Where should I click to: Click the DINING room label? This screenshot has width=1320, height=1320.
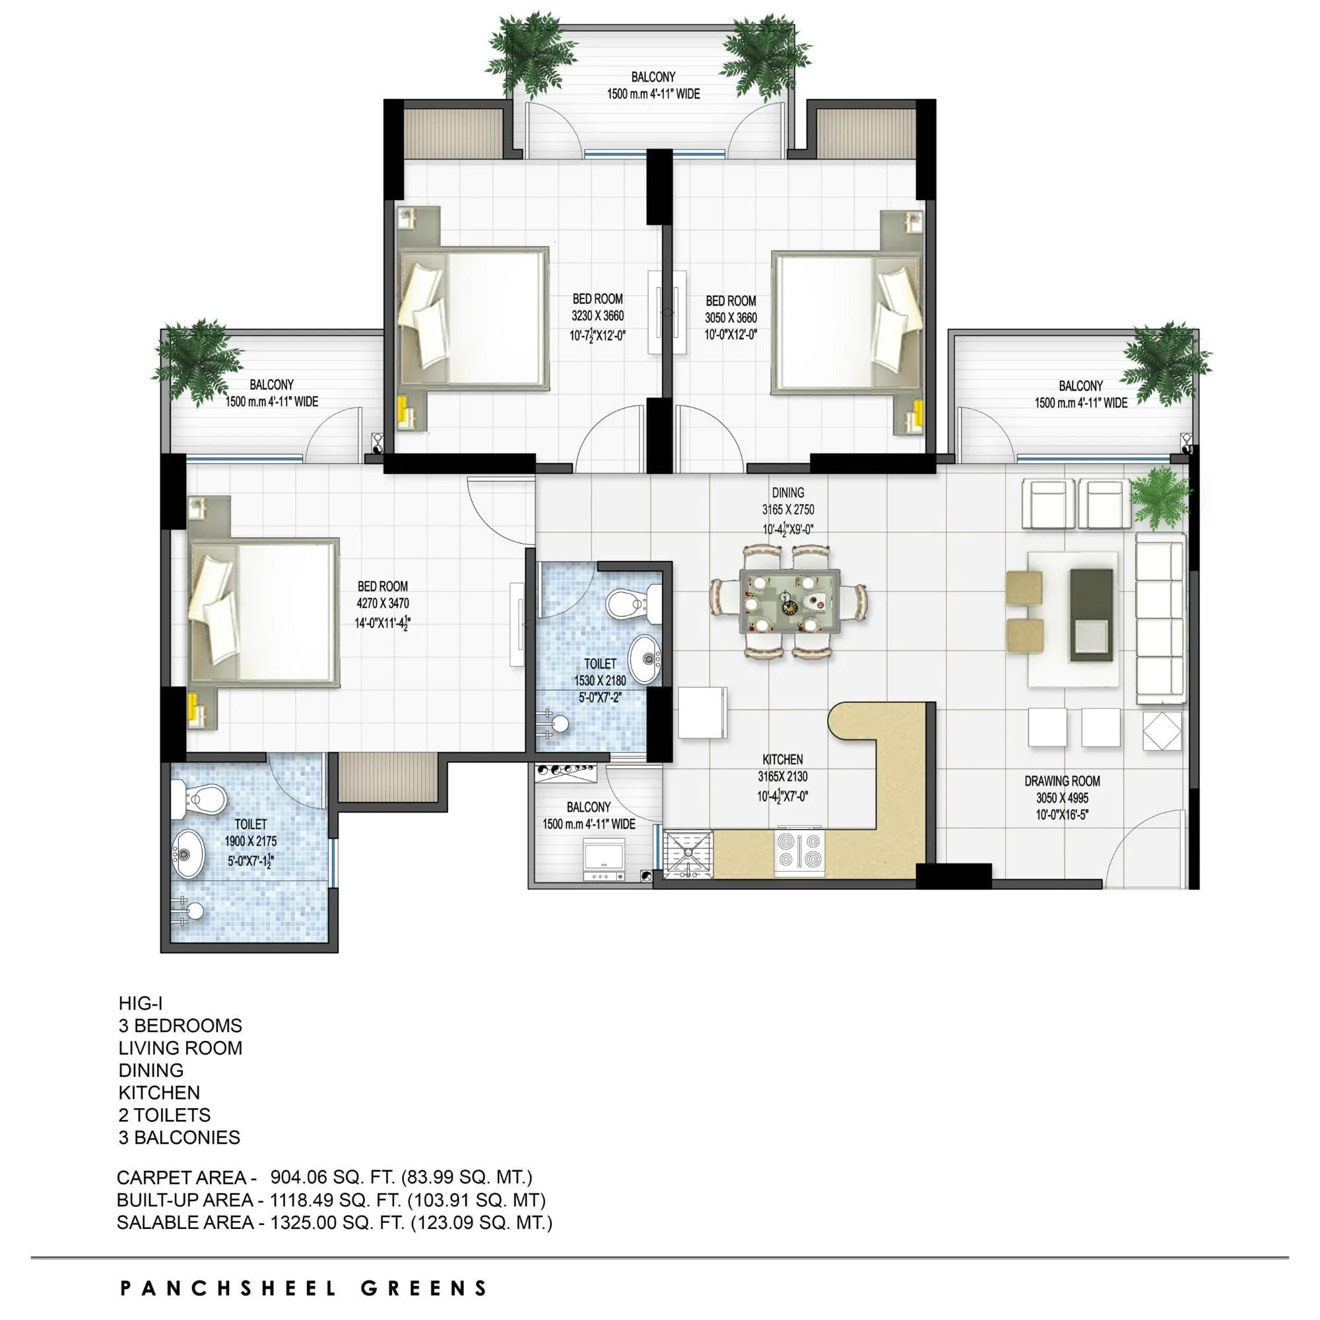[788, 492]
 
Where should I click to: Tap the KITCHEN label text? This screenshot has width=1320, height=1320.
[782, 759]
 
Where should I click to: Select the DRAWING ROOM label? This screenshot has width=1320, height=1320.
[1062, 781]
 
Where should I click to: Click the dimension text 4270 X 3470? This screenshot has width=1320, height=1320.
[383, 603]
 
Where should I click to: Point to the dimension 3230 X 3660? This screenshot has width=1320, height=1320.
[598, 316]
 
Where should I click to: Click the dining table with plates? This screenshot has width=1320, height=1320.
[789, 602]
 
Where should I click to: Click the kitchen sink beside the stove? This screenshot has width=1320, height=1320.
[688, 853]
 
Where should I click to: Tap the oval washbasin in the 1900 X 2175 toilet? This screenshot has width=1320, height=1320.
[188, 854]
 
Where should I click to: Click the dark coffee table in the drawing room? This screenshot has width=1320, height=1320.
[1091, 615]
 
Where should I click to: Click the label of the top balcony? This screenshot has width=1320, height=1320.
[653, 77]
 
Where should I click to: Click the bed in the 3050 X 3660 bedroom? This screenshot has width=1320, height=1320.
[843, 323]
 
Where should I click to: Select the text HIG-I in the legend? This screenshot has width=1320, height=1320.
[141, 1004]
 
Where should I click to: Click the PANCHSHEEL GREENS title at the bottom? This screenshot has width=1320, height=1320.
[304, 1288]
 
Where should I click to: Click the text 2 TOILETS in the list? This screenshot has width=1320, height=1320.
[164, 1115]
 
